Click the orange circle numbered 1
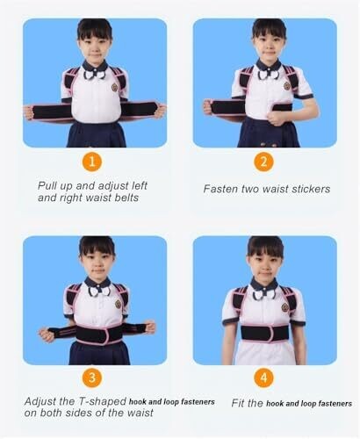pyautogui.click(x=92, y=162)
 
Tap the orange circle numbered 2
pyautogui.click(x=263, y=162)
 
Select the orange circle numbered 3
pyautogui.click(x=92, y=378)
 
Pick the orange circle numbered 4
pyautogui.click(x=263, y=378)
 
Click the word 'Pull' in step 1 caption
pyautogui.click(x=47, y=185)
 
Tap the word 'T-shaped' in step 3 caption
pyautogui.click(x=103, y=401)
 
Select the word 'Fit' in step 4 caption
pyautogui.click(x=238, y=403)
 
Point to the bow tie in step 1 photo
pyautogui.click(x=95, y=75)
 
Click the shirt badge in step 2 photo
pyautogui.click(x=286, y=86)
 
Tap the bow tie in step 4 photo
pyautogui.click(x=264, y=294)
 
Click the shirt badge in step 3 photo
pyautogui.click(x=118, y=304)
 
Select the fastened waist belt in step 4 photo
pyautogui.click(x=265, y=333)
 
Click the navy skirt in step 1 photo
pyautogui.click(x=97, y=134)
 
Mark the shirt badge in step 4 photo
pyautogui.click(x=284, y=307)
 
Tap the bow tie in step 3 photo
pyautogui.click(x=97, y=291)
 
